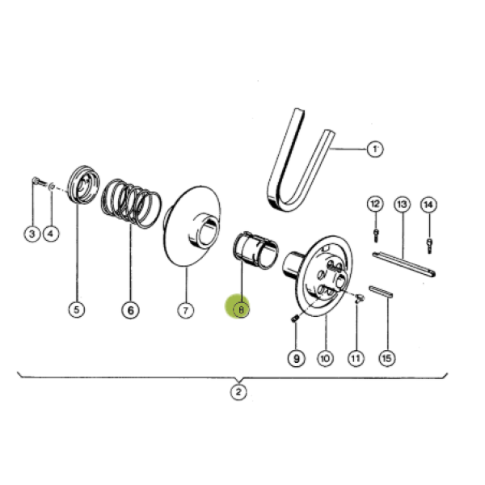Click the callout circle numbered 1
pos(375,149)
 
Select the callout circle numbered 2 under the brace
pos(238,392)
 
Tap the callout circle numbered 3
pos(32,234)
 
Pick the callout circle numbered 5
pos(77,310)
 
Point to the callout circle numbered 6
pos(130,310)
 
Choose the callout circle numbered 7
pos(186,310)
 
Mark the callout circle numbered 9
pos(297,358)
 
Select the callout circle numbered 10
pos(325,358)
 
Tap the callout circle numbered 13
pos(402,205)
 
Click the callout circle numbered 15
pos(387,358)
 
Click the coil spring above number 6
pos(132,204)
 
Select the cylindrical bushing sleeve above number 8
pos(255,251)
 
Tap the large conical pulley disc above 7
pos(192,226)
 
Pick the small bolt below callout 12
pos(376,235)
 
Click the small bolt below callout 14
pos(429,246)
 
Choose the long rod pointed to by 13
pos(404,264)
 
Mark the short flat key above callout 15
pos(381,292)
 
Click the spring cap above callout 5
pos(83,184)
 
